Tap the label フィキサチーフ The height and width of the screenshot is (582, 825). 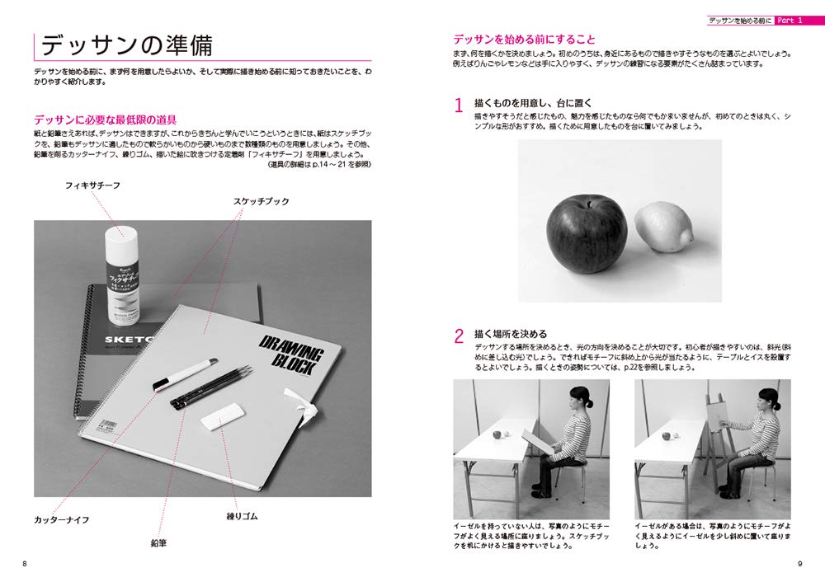[94, 185]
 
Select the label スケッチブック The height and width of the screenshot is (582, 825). [261, 201]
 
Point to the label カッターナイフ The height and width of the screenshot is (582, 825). [63, 521]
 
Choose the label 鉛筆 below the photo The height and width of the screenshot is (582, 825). [158, 545]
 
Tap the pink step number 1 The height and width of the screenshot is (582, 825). [459, 106]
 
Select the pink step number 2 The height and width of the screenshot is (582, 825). [459, 336]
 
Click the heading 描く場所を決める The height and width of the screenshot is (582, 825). [511, 334]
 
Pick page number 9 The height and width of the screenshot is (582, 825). [799, 564]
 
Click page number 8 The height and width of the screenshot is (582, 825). [25, 564]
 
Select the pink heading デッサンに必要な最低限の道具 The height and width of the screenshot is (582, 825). [106, 119]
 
